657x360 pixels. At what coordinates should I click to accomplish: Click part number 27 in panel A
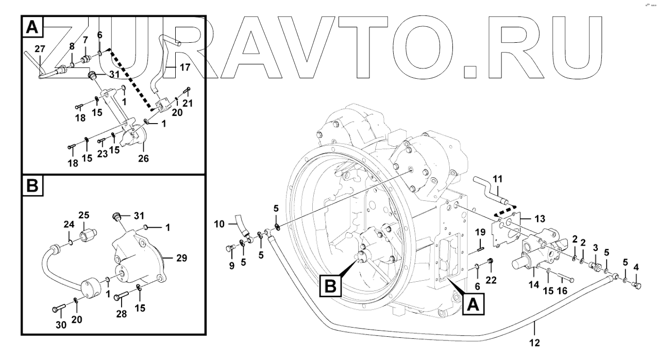pyautogui.click(x=40, y=48)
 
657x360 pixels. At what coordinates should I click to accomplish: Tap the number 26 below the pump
pyautogui.click(x=143, y=159)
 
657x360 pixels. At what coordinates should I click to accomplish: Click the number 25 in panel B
pyautogui.click(x=83, y=215)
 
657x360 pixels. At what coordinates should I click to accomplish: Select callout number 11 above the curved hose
pyautogui.click(x=497, y=179)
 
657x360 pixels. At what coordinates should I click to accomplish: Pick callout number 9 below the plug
pyautogui.click(x=231, y=266)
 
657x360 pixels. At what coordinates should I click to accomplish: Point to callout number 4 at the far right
pyautogui.click(x=637, y=267)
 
